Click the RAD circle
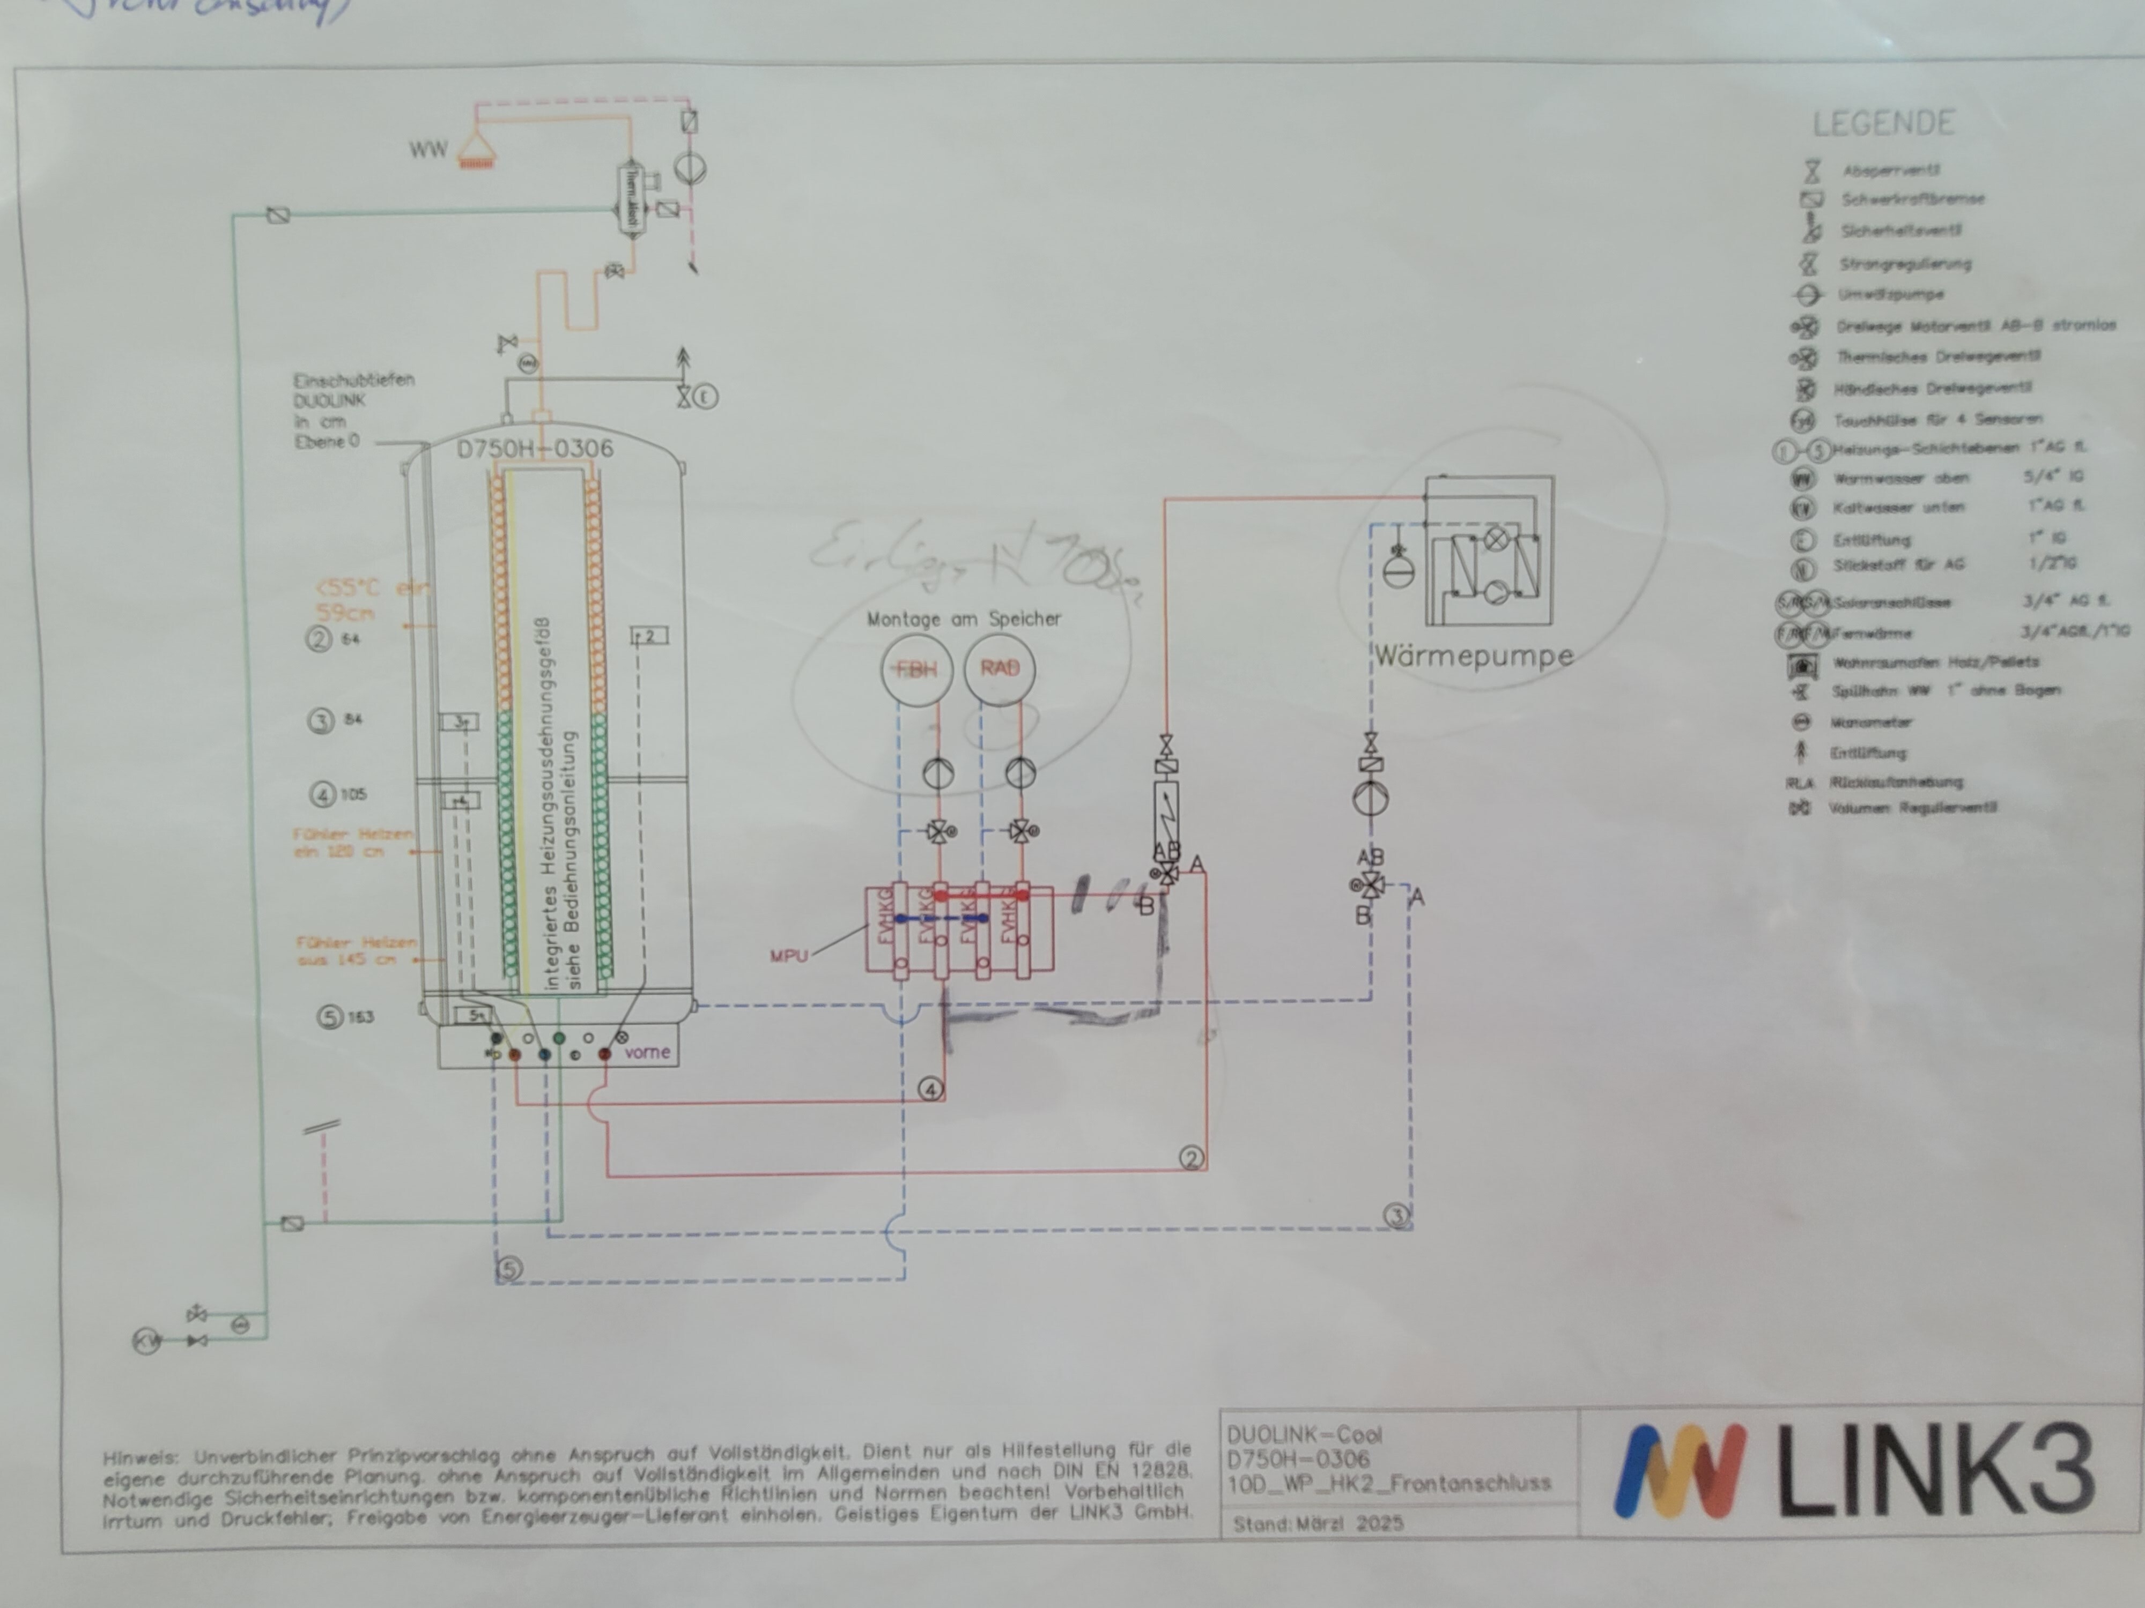coord(1000,669)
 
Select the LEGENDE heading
coord(1883,123)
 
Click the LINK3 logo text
coord(1935,1469)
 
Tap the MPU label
coord(788,956)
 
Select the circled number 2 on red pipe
coord(1191,1157)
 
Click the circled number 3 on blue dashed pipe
coord(1396,1216)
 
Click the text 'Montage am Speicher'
coord(964,619)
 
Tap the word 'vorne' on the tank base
coord(647,1052)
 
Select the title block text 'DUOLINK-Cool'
coord(1304,1434)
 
